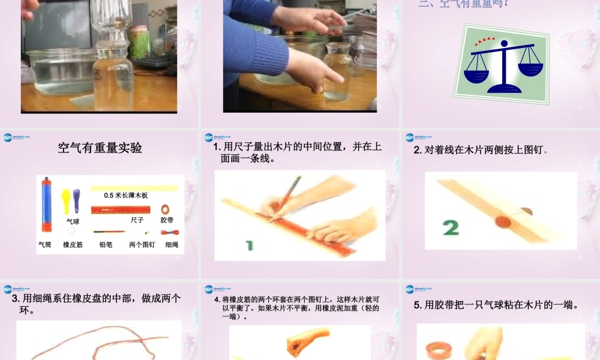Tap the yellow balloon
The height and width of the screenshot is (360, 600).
click(x=66, y=197)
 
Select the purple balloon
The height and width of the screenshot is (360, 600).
click(x=76, y=197)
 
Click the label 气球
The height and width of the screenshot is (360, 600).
click(x=73, y=221)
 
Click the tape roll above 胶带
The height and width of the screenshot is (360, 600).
click(x=166, y=209)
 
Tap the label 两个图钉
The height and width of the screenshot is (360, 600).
click(x=142, y=245)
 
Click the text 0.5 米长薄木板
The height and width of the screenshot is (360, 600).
click(x=125, y=196)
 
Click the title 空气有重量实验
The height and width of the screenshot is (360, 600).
click(x=100, y=148)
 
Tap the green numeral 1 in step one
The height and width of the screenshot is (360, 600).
click(x=249, y=245)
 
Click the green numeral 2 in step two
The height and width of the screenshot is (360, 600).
click(x=451, y=227)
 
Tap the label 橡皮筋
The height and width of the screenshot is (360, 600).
click(x=73, y=245)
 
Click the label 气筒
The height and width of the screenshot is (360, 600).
click(x=45, y=245)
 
